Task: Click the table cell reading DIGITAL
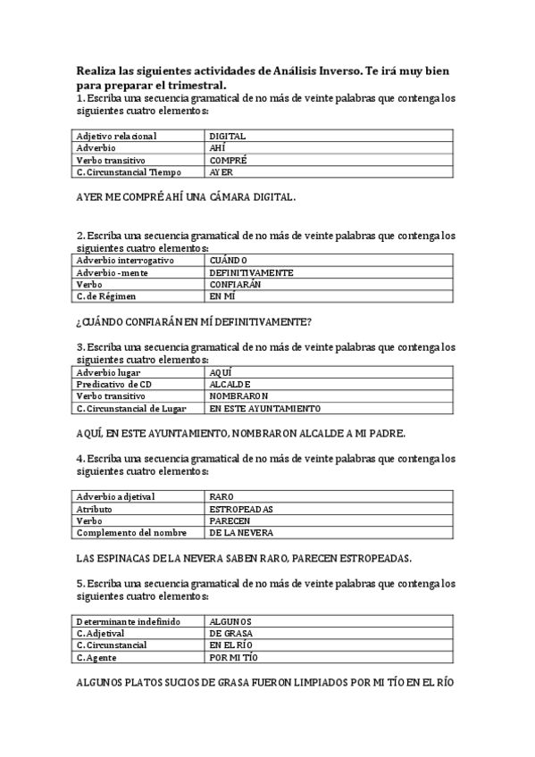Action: pyautogui.click(x=228, y=137)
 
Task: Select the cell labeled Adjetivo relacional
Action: pyautogui.click(x=116, y=137)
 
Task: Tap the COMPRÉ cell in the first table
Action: pyautogui.click(x=229, y=160)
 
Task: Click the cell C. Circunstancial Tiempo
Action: pyautogui.click(x=129, y=172)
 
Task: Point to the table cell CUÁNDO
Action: pyautogui.click(x=229, y=261)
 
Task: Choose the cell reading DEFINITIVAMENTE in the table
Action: pyautogui.click(x=251, y=272)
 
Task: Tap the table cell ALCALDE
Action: pyautogui.click(x=230, y=384)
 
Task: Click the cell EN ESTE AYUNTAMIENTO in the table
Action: pyautogui.click(x=265, y=408)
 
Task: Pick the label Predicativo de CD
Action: pyautogui.click(x=120, y=384)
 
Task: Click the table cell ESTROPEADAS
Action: pyautogui.click(x=241, y=509)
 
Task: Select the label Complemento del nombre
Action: pyautogui.click(x=131, y=532)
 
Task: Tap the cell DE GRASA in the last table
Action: pyautogui.click(x=230, y=633)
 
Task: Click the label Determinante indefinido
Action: pyautogui.click(x=129, y=621)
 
